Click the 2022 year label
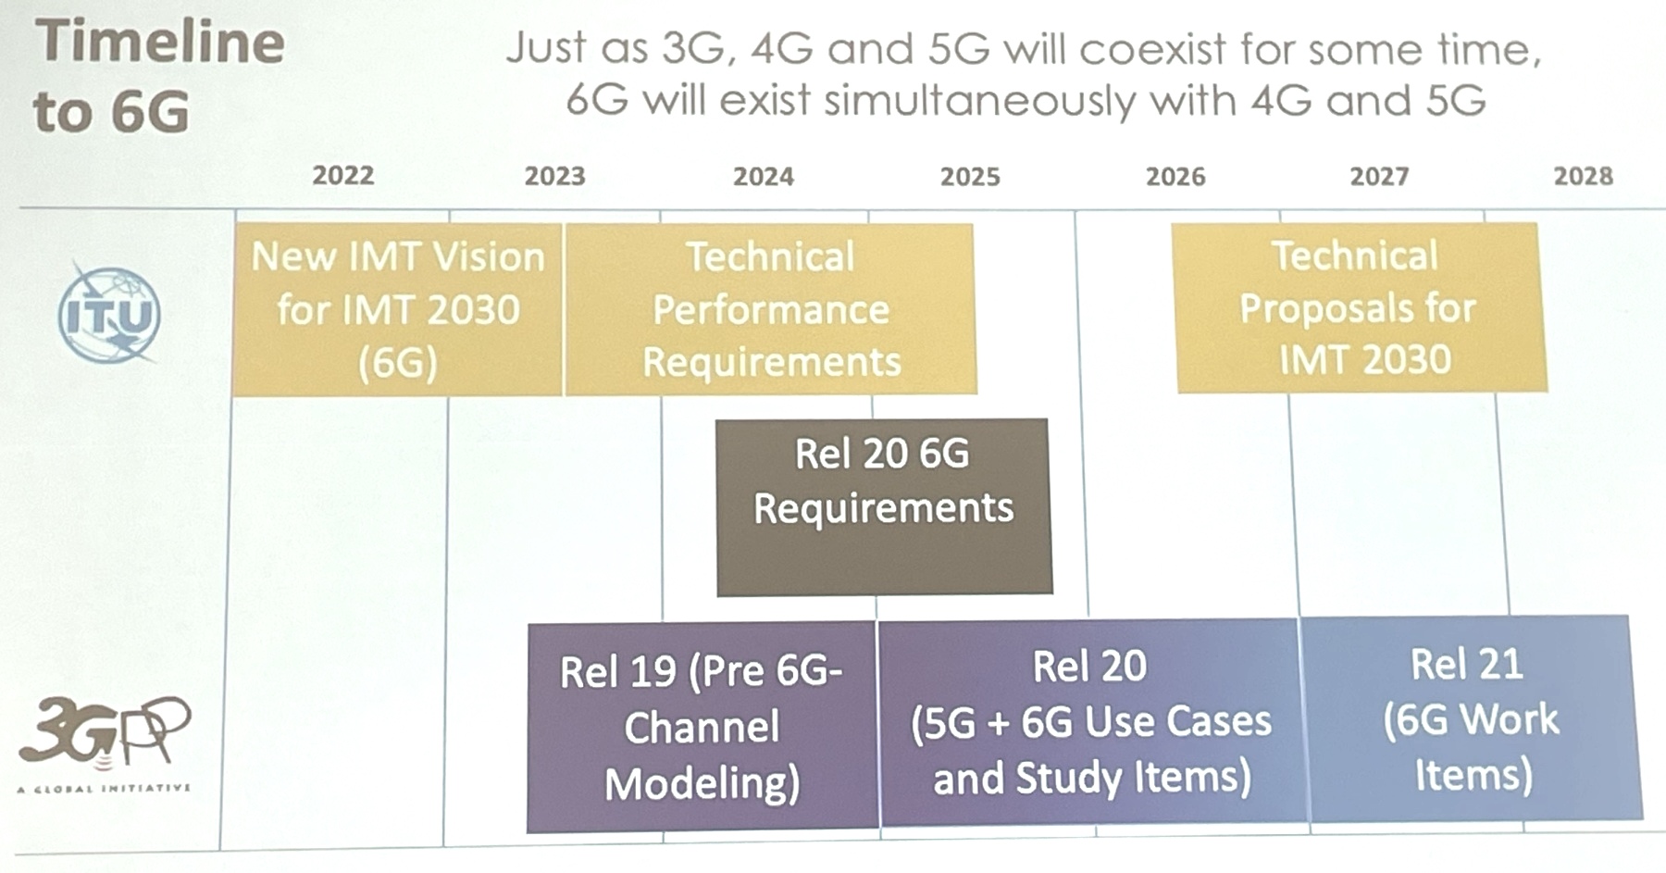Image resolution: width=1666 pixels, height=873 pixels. click(343, 175)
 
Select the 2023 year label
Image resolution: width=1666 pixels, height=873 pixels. click(555, 176)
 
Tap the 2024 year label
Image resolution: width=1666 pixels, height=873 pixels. click(764, 176)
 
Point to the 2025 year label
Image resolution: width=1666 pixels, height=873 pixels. click(970, 176)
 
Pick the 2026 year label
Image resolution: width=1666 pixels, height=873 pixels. click(1175, 176)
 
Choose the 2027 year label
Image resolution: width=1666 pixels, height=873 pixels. click(1379, 176)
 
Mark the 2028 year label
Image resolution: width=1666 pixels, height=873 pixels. click(1583, 175)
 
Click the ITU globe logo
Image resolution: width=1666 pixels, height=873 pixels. click(109, 315)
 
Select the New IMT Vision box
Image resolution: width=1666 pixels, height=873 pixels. click(397, 309)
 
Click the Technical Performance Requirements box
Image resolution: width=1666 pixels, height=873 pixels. click(770, 309)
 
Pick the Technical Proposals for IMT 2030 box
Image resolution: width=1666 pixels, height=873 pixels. click(1358, 307)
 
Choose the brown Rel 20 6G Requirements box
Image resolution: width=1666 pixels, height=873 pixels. click(884, 506)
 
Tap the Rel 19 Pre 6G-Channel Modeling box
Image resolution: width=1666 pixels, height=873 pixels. click(702, 727)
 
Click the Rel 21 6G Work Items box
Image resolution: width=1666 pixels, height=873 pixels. click(1470, 718)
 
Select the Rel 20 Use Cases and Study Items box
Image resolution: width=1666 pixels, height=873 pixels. click(1090, 722)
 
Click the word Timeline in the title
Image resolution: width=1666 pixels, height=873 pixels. click(160, 42)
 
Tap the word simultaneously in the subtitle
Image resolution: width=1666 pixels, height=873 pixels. click(979, 101)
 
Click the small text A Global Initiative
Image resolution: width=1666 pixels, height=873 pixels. click(104, 789)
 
